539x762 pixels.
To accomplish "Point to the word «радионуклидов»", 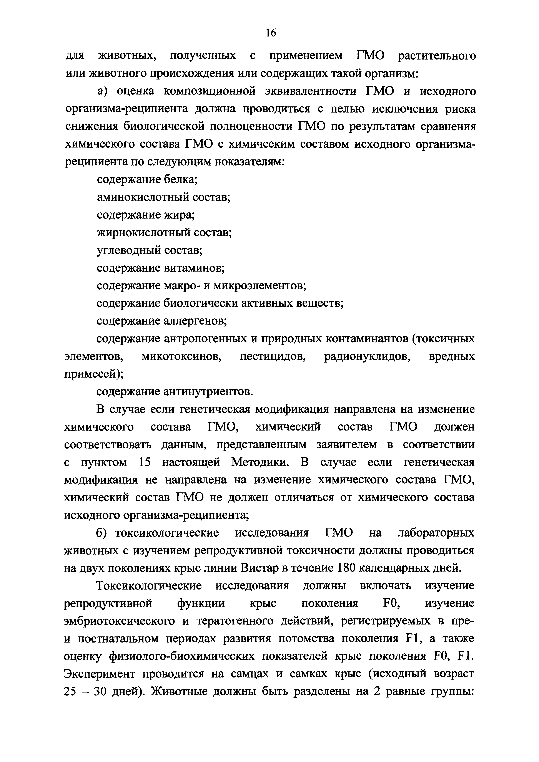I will point(367,356).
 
